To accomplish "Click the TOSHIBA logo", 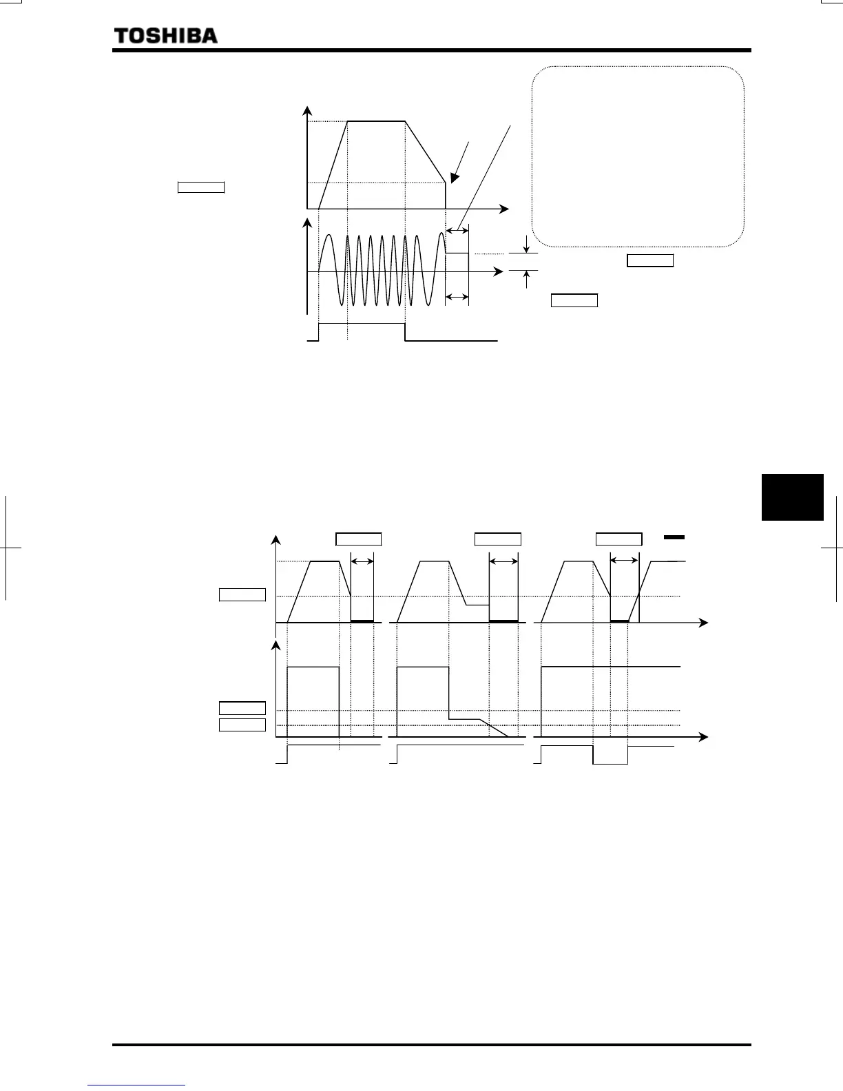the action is click(x=165, y=36).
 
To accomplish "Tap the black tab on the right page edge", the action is click(x=793, y=497).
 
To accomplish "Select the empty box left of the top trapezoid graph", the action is click(x=200, y=187).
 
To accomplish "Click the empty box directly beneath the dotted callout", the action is click(x=649, y=260).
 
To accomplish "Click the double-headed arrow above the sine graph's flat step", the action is click(x=457, y=230).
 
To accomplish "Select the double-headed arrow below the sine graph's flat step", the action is click(x=457, y=298).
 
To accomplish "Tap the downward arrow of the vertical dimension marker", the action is click(x=527, y=245).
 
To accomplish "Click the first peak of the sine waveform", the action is click(x=329, y=236).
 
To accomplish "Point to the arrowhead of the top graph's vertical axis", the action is click(x=308, y=111).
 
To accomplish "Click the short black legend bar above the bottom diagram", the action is click(x=674, y=537).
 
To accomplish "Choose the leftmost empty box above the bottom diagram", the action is click(x=358, y=539).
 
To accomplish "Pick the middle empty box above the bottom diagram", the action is click(x=497, y=539).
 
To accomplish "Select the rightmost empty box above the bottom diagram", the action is click(x=618, y=539).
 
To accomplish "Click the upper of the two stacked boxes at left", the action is click(x=242, y=708).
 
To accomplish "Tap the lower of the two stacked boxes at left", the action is click(x=242, y=725).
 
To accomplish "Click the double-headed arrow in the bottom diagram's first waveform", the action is click(x=362, y=562).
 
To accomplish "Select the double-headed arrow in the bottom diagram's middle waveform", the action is click(x=503, y=562).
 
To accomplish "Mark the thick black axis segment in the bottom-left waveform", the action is click(x=362, y=621).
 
